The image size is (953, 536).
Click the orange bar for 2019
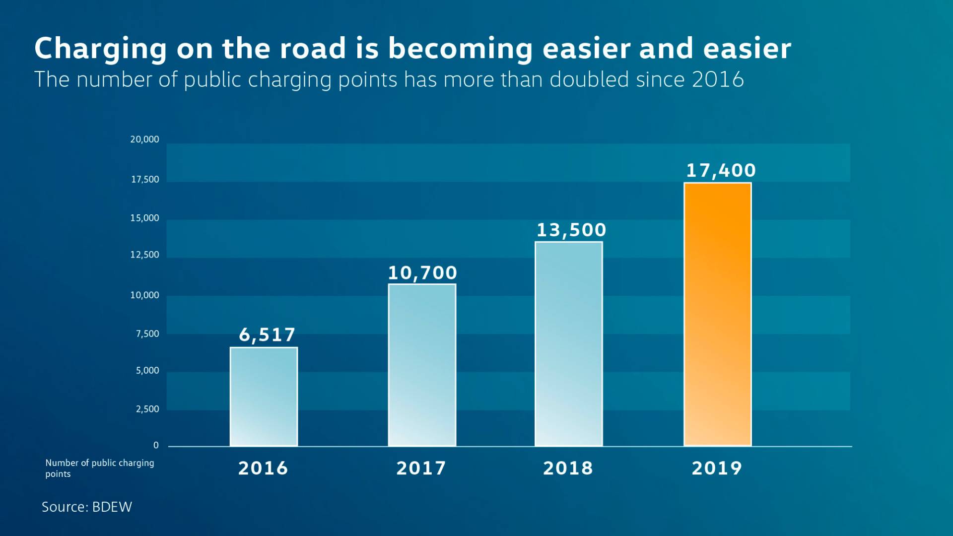[717, 315]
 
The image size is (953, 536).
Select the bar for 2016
[264, 397]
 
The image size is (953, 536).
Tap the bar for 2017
[422, 365]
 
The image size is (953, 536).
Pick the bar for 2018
[568, 344]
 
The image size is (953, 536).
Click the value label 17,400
[721, 171]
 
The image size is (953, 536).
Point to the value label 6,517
[267, 335]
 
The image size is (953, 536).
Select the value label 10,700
[422, 273]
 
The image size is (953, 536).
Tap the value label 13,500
[571, 230]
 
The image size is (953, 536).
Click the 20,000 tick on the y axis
[144, 139]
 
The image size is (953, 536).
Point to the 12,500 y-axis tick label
[144, 255]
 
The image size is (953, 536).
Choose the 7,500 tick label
[147, 334]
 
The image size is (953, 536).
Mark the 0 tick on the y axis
[156, 446]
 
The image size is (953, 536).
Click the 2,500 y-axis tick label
[147, 409]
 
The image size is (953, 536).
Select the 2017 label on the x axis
[421, 469]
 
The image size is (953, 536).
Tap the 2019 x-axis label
[717, 469]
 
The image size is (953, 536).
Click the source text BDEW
[112, 507]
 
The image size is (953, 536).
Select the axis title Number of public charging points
[99, 468]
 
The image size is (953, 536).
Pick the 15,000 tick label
[144, 218]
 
